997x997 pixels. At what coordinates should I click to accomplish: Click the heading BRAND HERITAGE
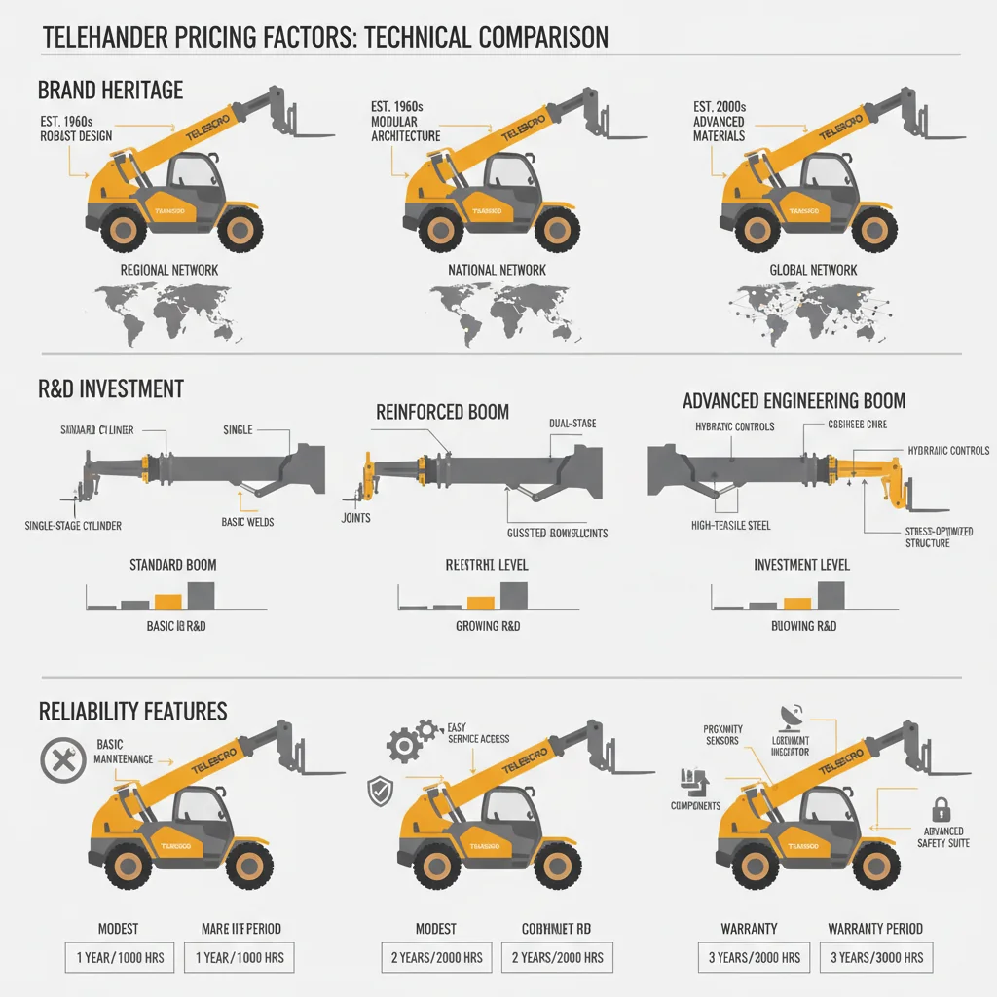tap(109, 91)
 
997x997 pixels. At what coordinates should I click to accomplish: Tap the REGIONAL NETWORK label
tap(168, 270)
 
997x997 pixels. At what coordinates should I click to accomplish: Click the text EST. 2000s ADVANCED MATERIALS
tap(720, 122)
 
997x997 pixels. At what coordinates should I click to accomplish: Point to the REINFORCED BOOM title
tap(442, 412)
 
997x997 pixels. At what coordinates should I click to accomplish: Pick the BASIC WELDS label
tap(248, 522)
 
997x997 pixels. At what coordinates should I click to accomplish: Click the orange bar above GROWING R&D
tap(480, 603)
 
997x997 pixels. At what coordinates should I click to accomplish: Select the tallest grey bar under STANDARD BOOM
tap(201, 595)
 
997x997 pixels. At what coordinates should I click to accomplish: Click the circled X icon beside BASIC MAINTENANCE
tap(60, 760)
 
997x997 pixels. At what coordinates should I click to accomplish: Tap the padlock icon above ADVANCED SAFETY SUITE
tap(942, 807)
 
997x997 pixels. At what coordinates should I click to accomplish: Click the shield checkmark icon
tap(378, 790)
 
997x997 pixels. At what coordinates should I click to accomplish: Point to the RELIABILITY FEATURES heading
tap(132, 711)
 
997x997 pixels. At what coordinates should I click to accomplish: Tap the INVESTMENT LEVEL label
tap(801, 565)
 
